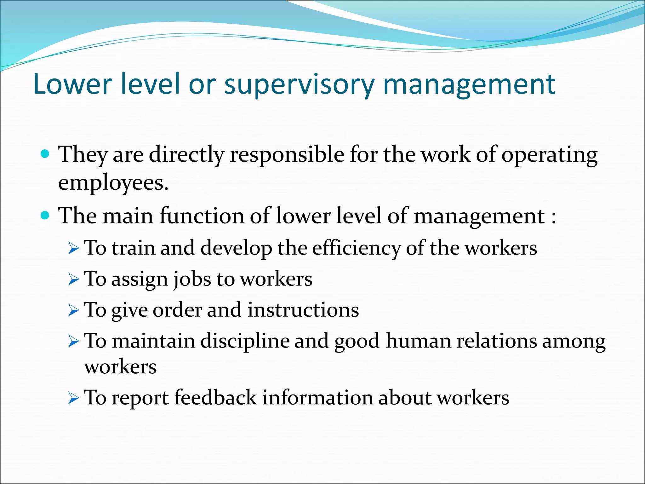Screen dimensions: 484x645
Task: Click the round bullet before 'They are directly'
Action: pos(46,154)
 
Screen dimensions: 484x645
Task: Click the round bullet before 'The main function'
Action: pos(46,216)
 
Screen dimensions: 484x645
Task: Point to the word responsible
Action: pos(287,155)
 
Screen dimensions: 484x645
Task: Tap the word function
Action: pos(202,216)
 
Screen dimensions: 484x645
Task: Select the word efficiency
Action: pos(356,248)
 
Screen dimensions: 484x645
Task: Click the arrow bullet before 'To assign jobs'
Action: pos(73,279)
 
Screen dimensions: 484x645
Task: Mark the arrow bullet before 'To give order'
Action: pos(73,311)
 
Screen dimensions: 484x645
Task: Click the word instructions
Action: pos(303,310)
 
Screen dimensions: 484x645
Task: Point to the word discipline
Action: pos(244,342)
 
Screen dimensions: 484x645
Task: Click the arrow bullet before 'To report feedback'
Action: pos(73,398)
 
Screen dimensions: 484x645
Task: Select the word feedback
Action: pos(215,397)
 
